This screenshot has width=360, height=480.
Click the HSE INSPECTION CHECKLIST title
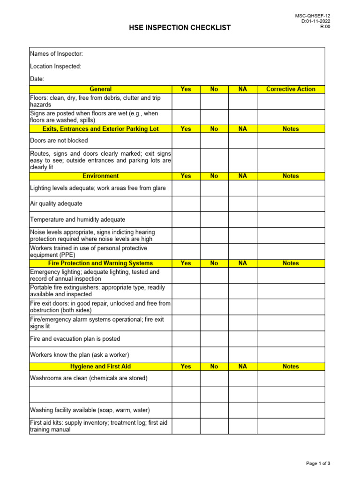click(180, 28)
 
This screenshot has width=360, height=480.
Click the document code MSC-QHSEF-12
click(313, 16)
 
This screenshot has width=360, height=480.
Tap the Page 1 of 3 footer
click(318, 464)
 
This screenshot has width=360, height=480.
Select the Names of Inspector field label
click(56, 54)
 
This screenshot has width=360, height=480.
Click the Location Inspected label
click(55, 67)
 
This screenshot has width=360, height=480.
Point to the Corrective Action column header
click(291, 89)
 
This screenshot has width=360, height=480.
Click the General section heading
click(101, 89)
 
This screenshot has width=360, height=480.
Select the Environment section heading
click(101, 176)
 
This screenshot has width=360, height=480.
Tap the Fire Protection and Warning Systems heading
click(101, 263)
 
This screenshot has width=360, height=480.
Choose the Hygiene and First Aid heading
click(101, 367)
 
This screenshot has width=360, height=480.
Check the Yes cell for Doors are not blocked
click(186, 141)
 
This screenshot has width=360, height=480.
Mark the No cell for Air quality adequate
click(214, 204)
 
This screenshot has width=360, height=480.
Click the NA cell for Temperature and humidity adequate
click(242, 219)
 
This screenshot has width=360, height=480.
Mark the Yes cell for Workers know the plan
click(186, 355)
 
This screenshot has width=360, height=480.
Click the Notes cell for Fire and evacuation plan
click(291, 339)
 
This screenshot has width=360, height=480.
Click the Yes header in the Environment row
click(186, 176)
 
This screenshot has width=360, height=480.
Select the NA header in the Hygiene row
click(242, 367)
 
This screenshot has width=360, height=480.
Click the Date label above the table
click(37, 79)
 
